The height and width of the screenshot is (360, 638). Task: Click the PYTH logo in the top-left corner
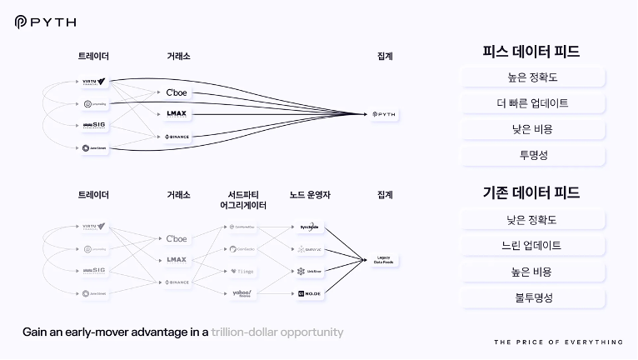(x=42, y=22)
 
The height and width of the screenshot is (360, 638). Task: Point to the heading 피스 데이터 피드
(x=531, y=52)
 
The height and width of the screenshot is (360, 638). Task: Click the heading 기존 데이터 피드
(x=531, y=193)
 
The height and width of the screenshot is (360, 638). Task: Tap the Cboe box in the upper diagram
(x=177, y=92)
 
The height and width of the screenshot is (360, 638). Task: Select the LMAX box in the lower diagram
(x=177, y=260)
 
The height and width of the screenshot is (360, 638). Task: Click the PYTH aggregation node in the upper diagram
(x=385, y=114)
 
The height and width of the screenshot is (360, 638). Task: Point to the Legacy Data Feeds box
(x=385, y=260)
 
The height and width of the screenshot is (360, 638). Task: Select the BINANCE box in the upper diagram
(x=177, y=136)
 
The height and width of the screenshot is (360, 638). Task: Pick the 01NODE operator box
(x=309, y=293)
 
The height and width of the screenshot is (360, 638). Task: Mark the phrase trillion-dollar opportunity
(x=277, y=332)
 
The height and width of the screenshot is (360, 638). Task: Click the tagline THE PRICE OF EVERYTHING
(x=558, y=342)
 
